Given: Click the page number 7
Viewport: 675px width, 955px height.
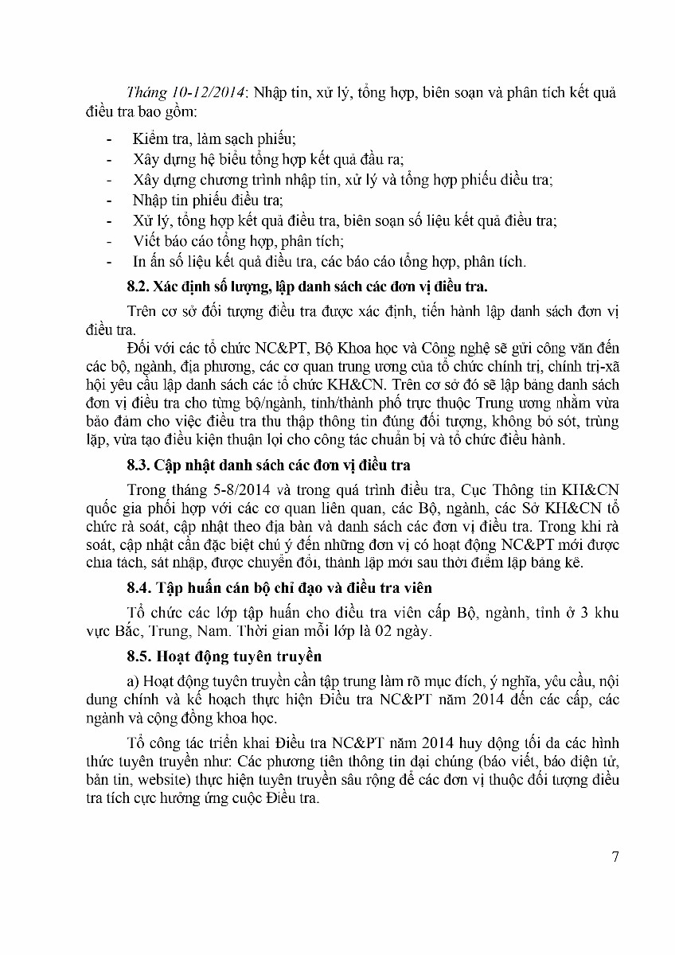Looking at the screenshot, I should tap(615, 856).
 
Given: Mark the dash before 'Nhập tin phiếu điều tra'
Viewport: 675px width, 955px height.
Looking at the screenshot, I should tap(109, 201).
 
